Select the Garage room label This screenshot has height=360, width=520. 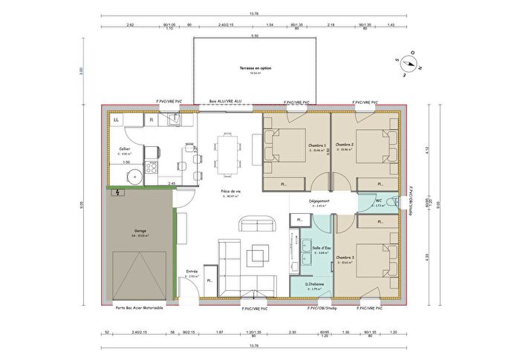click(139, 231)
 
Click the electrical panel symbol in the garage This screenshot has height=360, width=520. click(117, 193)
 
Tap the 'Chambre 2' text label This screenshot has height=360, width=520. click(344, 144)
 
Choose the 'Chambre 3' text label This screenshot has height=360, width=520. click(344, 258)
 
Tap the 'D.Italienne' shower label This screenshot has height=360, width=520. click(317, 284)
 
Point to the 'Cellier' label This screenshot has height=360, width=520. click(125, 148)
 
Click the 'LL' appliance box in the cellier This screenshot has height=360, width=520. click(117, 120)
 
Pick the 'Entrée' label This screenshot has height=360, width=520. click(192, 272)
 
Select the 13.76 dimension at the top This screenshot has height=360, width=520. click(254, 13)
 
